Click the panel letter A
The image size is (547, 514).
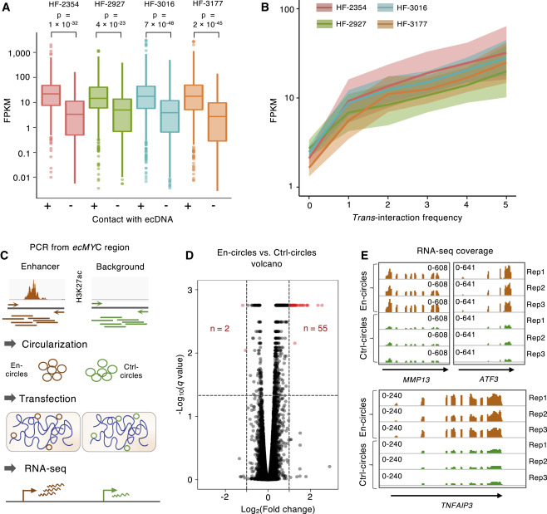[x=7, y=7]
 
